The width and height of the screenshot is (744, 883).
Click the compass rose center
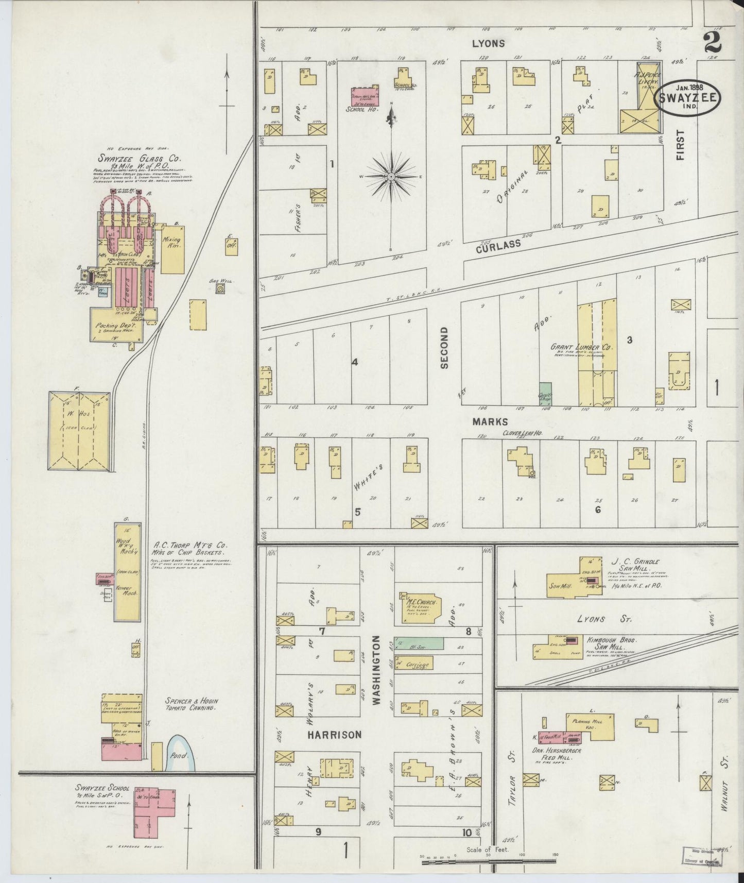tap(391, 177)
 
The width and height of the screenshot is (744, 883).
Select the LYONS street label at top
tap(489, 44)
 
